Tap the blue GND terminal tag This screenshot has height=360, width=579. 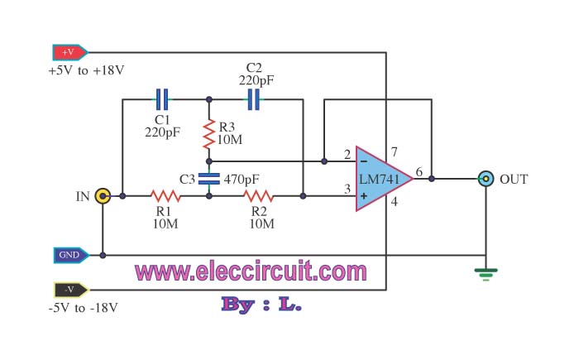69,255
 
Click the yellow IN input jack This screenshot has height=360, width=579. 103,196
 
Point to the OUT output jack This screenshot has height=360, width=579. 486,178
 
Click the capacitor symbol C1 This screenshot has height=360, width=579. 163,100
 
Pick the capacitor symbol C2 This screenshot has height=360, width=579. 254,100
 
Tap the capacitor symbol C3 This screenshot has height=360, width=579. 209,178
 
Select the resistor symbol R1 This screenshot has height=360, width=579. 165,196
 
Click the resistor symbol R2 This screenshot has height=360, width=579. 257,196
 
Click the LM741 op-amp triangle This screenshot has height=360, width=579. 379,179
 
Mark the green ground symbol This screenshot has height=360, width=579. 486,272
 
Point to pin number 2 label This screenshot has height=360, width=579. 347,155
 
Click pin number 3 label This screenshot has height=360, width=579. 347,190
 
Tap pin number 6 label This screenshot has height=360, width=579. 419,172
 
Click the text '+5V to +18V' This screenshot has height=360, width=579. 86,70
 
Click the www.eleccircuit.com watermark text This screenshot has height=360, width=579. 251,271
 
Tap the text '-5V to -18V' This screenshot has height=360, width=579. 84,308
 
